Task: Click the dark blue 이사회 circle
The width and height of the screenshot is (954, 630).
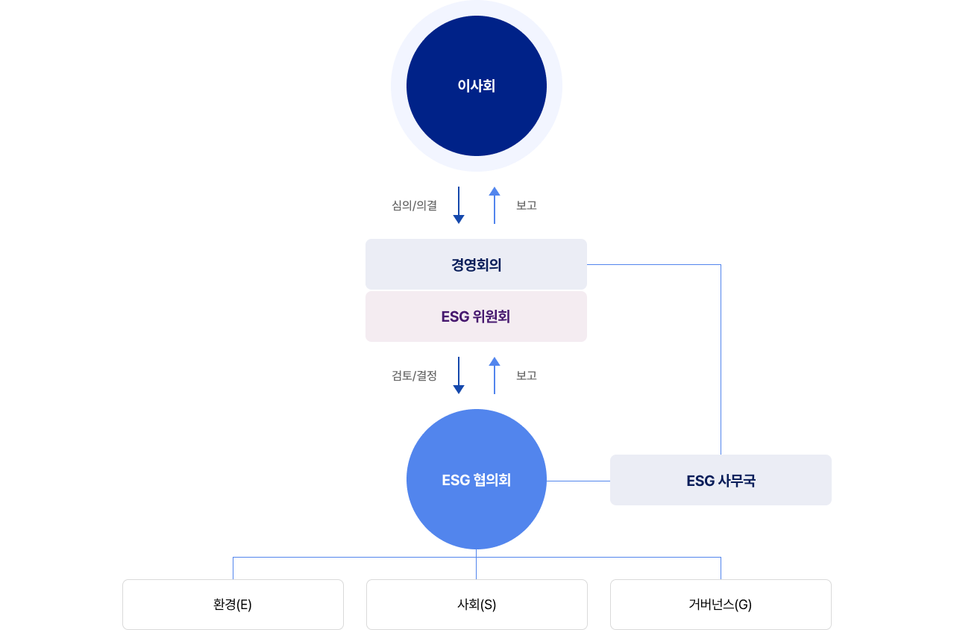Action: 476,86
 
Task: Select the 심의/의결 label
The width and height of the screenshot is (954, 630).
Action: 414,205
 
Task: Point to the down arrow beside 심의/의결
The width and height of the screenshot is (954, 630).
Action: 459,205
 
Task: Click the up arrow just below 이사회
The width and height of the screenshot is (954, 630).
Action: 495,205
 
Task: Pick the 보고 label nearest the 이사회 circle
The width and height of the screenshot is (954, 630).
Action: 527,205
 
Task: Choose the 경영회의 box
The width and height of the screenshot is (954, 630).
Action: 476,264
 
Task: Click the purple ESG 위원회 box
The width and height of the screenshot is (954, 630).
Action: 476,316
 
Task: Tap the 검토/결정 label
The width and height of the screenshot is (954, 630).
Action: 414,375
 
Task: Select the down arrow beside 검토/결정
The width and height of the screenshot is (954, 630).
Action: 459,375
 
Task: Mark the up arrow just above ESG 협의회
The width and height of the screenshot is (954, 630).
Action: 495,375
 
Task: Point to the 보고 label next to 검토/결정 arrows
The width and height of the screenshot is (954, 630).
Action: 527,375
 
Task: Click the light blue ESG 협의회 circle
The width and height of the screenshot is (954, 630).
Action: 476,508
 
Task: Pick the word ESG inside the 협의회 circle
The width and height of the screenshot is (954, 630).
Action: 455,480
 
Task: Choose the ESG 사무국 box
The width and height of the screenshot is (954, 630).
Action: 721,480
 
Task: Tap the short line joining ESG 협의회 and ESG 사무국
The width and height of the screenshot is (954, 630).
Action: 578,481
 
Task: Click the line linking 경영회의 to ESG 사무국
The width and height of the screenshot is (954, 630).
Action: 721,358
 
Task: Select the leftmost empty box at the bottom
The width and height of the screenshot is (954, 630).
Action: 233,605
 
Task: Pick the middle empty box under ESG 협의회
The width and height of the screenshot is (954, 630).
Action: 477,605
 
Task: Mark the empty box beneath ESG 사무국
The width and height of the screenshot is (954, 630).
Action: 721,605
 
